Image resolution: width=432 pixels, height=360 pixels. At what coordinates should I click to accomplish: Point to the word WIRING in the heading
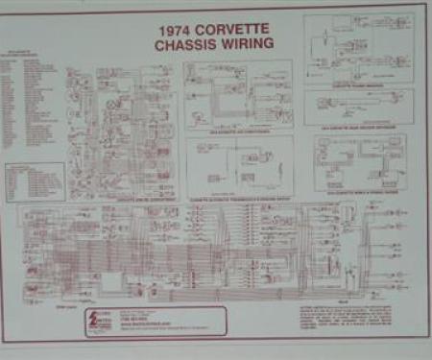(x=249, y=44)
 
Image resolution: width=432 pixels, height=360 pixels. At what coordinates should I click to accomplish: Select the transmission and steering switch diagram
(x=240, y=165)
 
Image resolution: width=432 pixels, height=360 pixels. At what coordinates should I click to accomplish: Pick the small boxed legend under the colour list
(x=35, y=180)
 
